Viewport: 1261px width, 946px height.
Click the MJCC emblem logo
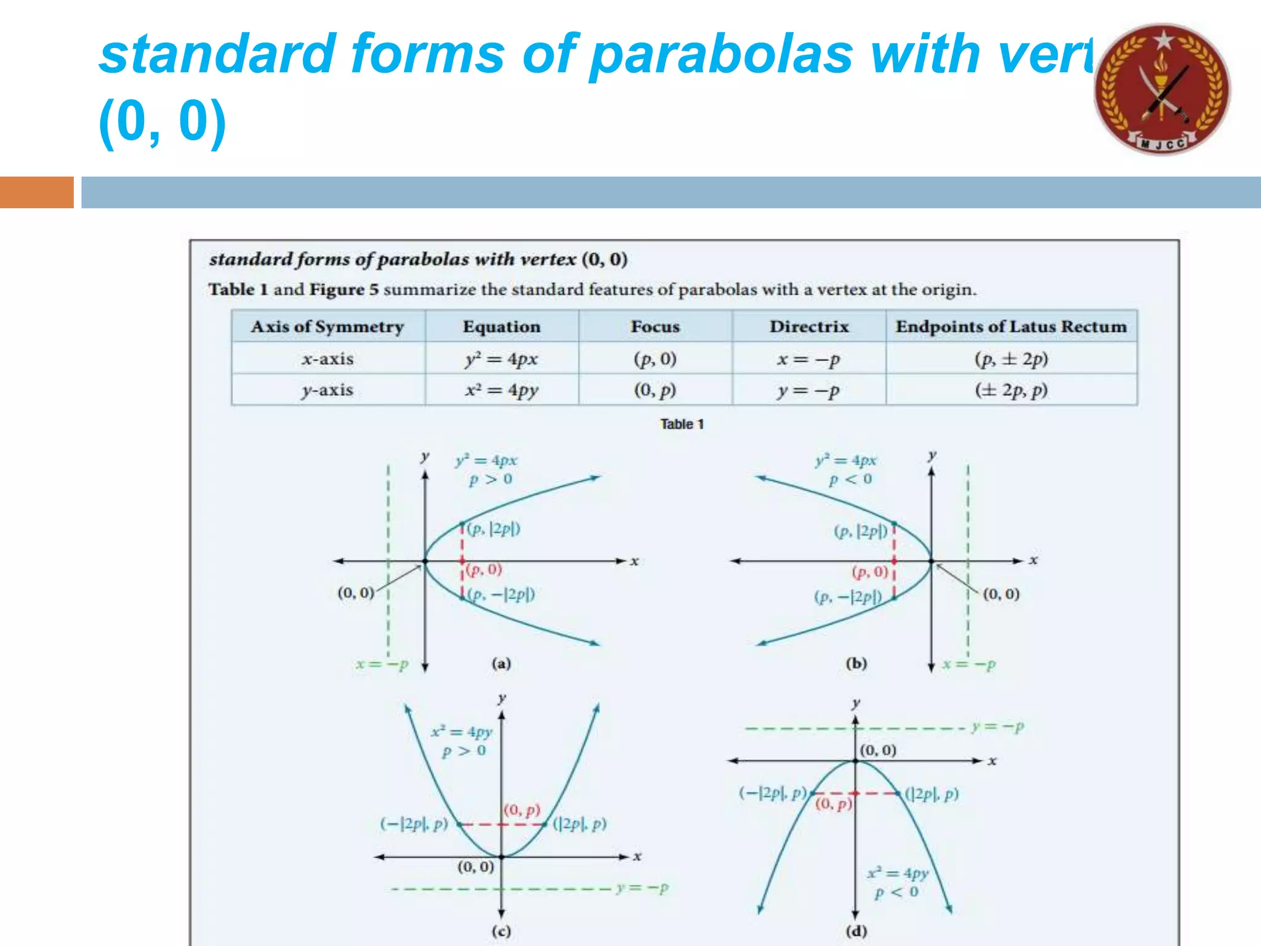point(1162,89)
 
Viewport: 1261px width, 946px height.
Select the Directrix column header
point(808,326)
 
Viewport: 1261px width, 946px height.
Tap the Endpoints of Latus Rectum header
point(1011,326)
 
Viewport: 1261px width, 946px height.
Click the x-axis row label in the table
point(328,358)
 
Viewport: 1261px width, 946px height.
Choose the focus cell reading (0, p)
point(655,390)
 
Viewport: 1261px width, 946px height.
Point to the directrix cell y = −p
point(808,390)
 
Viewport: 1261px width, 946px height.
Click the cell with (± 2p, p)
point(1011,390)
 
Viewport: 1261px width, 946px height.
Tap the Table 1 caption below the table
point(682,424)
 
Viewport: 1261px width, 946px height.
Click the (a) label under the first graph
point(501,663)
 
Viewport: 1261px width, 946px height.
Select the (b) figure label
point(856,663)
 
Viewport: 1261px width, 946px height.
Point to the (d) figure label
point(856,931)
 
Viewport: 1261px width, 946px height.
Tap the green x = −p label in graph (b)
point(969,665)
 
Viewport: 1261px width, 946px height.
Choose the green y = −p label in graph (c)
point(642,888)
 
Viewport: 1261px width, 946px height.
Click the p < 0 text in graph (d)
point(896,892)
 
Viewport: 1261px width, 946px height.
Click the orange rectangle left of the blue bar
point(36,192)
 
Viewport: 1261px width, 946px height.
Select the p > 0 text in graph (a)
point(490,479)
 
